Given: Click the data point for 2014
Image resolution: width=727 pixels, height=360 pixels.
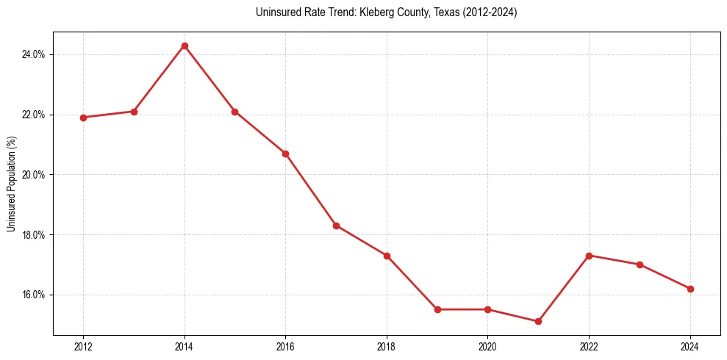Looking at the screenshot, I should (185, 46).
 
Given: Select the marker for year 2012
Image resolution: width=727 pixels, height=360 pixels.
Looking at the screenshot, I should (83, 118).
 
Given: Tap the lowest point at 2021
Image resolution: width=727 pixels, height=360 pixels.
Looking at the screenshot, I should (538, 321).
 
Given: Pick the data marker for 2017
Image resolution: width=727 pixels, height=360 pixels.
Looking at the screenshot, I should (336, 226).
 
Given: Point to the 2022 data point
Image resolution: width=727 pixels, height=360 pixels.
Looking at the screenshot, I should (589, 256).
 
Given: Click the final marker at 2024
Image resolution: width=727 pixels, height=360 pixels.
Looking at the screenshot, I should (690, 289).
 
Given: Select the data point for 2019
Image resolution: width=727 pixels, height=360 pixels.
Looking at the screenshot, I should (437, 309).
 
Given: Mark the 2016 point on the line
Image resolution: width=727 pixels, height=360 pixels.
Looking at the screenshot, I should (285, 154).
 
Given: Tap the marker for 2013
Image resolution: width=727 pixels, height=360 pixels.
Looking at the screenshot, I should (134, 112).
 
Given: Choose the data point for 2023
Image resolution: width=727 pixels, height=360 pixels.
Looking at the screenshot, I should (640, 264).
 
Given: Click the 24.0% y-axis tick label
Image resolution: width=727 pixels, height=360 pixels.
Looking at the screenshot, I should (34, 54).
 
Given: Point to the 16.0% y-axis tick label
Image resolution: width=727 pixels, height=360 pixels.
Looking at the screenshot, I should (34, 295).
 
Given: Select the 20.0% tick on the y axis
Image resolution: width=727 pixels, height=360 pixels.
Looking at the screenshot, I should (34, 175).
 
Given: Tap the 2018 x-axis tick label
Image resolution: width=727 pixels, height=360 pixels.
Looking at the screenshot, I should (387, 347).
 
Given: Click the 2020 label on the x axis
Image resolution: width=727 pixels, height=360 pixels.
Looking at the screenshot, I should (487, 347).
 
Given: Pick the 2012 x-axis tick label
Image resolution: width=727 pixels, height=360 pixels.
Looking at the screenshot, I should (83, 347).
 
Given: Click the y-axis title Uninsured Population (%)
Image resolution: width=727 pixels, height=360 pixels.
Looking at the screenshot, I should (11, 184).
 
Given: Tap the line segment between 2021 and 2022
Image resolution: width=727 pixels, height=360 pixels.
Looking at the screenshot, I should (564, 288).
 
